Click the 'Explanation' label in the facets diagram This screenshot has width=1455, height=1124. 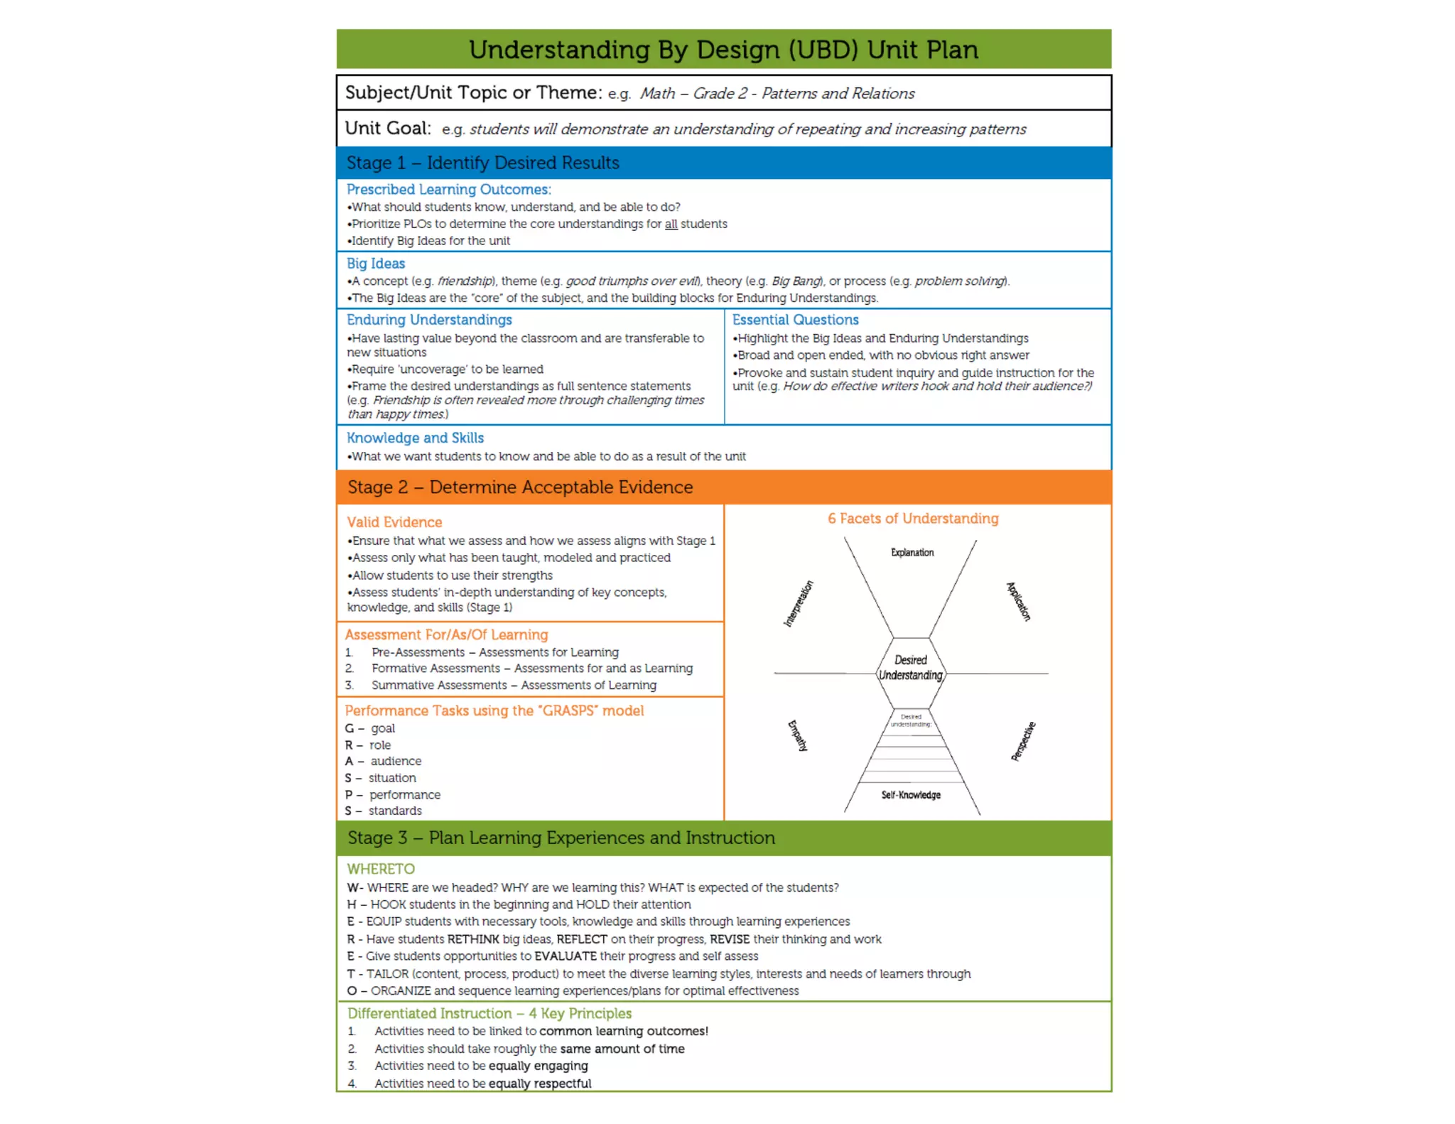click(x=912, y=552)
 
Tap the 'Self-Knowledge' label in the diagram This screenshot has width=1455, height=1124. click(x=911, y=795)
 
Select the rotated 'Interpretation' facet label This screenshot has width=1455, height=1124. click(x=799, y=604)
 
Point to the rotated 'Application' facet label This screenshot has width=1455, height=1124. click(x=1018, y=601)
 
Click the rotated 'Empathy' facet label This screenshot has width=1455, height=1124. click(x=798, y=735)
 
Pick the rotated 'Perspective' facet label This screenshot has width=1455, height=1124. click(x=1023, y=741)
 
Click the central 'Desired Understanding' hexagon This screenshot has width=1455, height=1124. click(x=911, y=668)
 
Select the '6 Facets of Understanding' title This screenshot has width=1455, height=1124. click(x=913, y=519)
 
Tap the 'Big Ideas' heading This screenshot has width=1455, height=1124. click(x=376, y=264)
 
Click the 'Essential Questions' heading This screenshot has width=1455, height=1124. click(x=795, y=320)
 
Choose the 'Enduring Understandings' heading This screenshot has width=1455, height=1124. click(x=429, y=320)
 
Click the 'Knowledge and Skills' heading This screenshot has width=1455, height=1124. click(x=415, y=438)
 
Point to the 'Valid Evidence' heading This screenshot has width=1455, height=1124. click(x=394, y=522)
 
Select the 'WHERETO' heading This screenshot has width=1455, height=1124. click(x=381, y=869)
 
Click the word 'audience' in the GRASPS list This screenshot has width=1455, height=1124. click(x=396, y=761)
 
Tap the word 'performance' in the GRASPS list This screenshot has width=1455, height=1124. click(x=404, y=794)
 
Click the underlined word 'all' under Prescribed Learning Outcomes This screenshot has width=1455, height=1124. click(x=671, y=224)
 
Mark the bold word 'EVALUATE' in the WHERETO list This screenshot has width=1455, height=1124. click(x=566, y=956)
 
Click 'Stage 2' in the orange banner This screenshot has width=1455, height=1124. click(x=377, y=487)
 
